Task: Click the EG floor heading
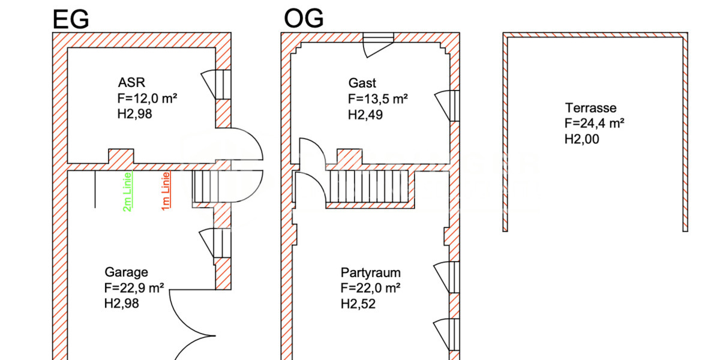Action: point(71,19)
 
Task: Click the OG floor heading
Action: point(304,19)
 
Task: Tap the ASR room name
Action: point(131,83)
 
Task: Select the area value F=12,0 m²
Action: point(147,98)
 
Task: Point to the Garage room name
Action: point(127,272)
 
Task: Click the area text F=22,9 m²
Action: point(134,287)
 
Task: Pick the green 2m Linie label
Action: point(128,192)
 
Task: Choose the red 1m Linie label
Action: point(166,191)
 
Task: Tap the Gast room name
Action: point(362,83)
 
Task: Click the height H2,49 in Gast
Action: point(365,115)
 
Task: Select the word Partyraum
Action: point(371,273)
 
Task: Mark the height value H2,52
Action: point(358,304)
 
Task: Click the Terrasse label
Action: point(591,108)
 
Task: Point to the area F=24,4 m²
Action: point(595,123)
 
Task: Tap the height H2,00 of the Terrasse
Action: point(582,139)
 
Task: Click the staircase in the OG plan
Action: point(369,187)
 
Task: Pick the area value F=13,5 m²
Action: point(378,99)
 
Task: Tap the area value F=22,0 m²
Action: point(371,288)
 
